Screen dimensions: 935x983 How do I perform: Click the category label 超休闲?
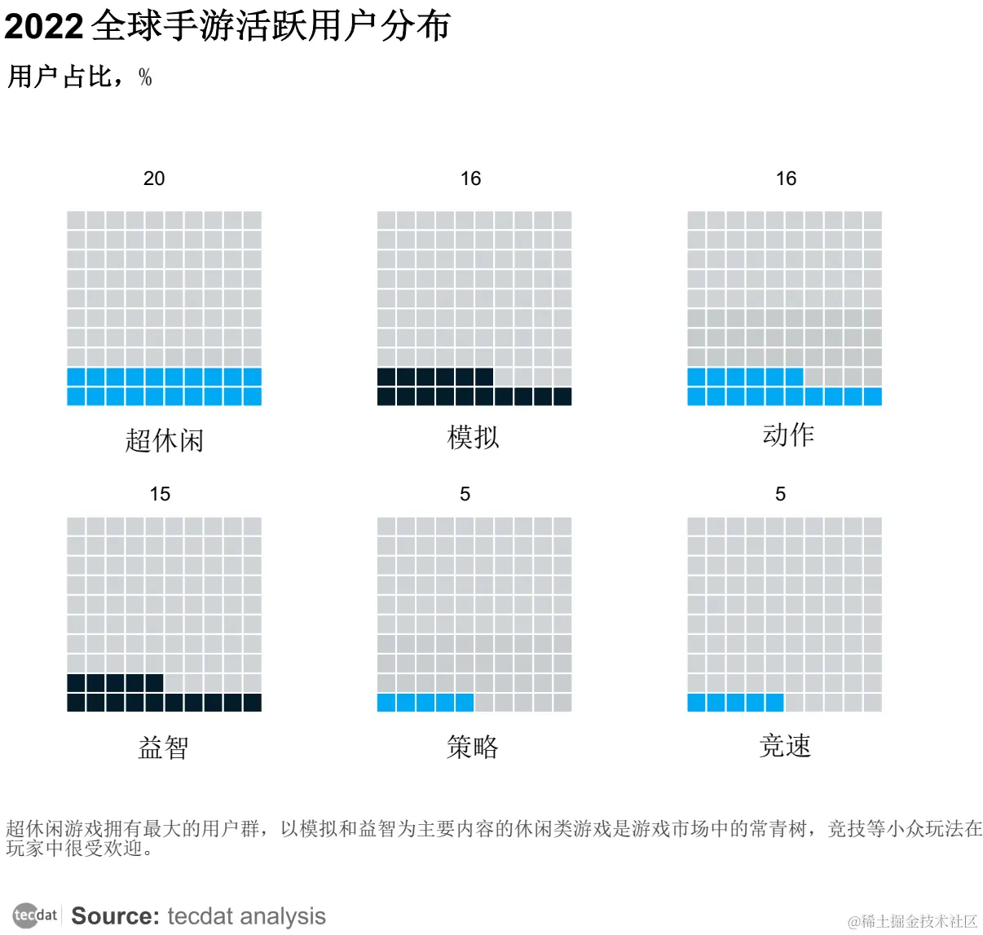click(164, 441)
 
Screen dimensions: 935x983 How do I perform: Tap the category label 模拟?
click(473, 438)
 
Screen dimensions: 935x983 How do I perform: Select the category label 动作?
click(788, 434)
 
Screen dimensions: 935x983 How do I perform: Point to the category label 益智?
click(164, 747)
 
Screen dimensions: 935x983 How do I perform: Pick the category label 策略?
click(473, 747)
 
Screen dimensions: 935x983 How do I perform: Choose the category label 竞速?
click(785, 746)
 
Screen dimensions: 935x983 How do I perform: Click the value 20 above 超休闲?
click(154, 179)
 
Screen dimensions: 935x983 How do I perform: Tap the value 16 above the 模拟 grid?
click(470, 179)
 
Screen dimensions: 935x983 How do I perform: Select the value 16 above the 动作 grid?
click(786, 179)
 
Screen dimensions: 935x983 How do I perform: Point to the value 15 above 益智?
click(160, 494)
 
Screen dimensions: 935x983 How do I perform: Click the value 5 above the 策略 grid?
click(465, 494)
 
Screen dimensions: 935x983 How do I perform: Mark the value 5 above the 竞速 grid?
click(780, 494)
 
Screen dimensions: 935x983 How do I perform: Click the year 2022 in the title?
click(43, 27)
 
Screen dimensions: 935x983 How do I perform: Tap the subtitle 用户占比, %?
click(79, 77)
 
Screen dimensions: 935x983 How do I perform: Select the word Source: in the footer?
click(115, 916)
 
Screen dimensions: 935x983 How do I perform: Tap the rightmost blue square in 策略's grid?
click(465, 703)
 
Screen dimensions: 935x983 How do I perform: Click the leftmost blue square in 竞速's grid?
click(697, 703)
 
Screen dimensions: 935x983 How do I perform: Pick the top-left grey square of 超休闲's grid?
click(77, 221)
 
